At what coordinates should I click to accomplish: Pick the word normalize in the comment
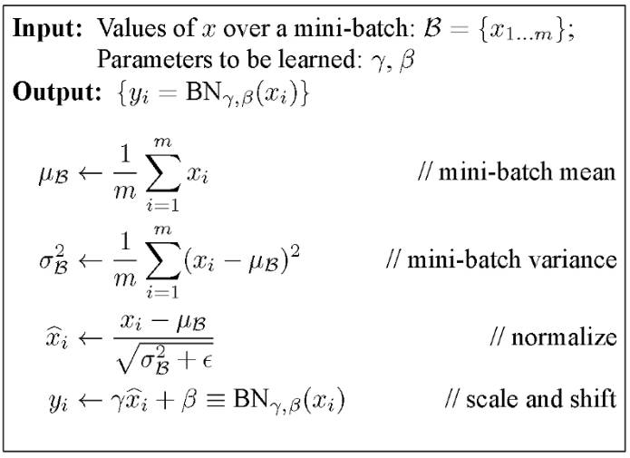pos(563,339)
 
